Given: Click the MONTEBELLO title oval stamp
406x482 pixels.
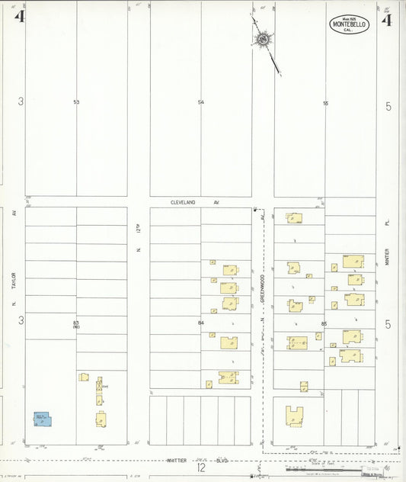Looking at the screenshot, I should click(x=349, y=24).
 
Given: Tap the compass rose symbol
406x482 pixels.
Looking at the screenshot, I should click(x=263, y=39).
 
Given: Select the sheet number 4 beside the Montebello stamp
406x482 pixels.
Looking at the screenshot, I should click(x=387, y=19).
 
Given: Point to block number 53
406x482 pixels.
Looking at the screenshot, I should click(x=76, y=102).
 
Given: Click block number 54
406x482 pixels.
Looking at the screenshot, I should click(x=201, y=102).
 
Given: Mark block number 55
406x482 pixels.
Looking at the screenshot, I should click(x=325, y=102).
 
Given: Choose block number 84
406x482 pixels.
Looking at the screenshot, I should click(x=201, y=323).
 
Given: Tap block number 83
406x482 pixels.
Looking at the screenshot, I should click(x=76, y=323).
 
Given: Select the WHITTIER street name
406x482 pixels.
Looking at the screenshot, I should click(x=178, y=461).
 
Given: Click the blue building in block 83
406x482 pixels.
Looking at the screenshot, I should click(x=41, y=419).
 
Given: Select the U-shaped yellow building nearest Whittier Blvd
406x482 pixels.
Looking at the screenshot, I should click(x=294, y=416).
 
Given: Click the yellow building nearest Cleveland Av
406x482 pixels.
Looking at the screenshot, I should click(x=294, y=218).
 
